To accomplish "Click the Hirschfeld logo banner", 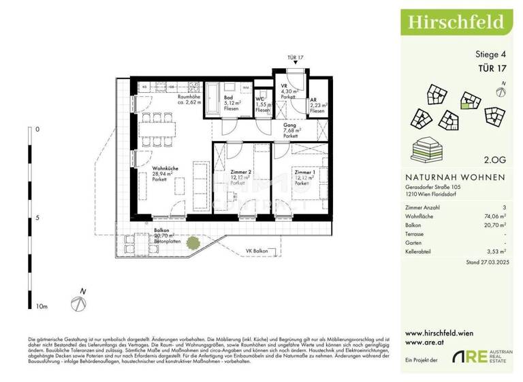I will click(456, 21).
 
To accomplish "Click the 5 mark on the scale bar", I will click(37, 218).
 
